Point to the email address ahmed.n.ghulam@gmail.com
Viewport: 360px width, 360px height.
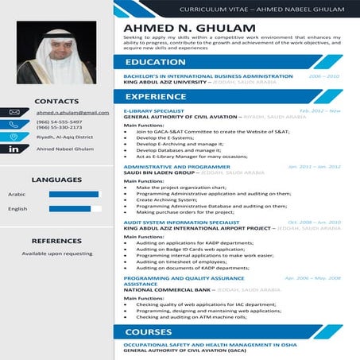[x=72, y=113]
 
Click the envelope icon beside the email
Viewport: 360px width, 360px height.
[x=14, y=112]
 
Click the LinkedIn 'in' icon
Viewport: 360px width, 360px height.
[x=14, y=149]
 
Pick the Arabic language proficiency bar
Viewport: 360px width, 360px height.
[x=75, y=194]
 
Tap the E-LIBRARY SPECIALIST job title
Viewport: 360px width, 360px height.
[x=154, y=110]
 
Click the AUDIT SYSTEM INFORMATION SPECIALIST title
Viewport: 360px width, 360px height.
[x=176, y=222]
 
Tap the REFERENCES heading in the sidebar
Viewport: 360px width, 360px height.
[x=56, y=240]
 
